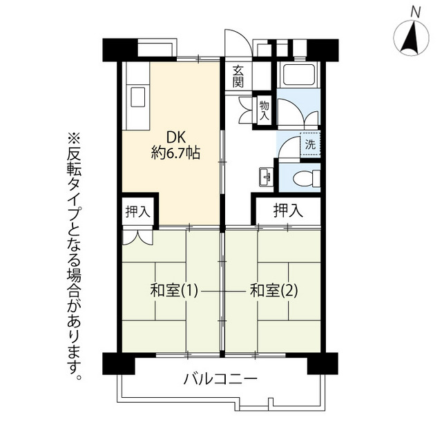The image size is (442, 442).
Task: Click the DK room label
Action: click(175, 138)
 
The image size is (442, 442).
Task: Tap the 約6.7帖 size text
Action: click(175, 153)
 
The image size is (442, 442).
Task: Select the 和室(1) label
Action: click(174, 291)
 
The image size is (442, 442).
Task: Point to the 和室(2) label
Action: click(273, 291)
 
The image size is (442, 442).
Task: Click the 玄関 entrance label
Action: click(238, 76)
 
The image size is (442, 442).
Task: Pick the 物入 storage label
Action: click(265, 110)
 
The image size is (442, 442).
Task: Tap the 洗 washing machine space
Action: click(310, 144)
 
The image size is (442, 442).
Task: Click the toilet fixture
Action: click(307, 178)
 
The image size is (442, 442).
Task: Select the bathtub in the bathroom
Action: click(298, 75)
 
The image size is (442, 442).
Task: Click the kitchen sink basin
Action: click(137, 97)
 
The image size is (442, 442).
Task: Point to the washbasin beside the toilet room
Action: click(266, 177)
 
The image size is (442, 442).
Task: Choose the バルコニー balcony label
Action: click(220, 379)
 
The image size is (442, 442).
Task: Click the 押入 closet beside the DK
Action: click(137, 211)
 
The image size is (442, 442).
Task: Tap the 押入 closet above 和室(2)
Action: click(288, 211)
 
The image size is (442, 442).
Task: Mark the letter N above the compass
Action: click(415, 12)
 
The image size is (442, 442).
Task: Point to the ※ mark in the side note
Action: click(74, 140)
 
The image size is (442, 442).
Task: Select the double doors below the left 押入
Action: click(137, 236)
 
